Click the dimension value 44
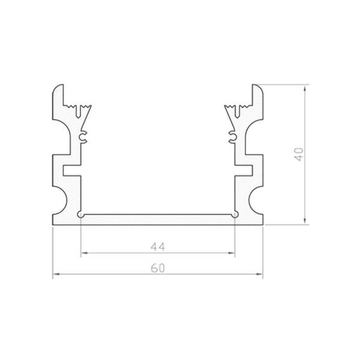tap(158, 246)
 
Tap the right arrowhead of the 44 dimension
tap(232, 254)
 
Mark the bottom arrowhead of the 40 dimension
tap(305, 221)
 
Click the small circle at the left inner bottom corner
tap(81, 214)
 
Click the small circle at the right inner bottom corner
tap(235, 214)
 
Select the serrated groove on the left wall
tap(81, 112)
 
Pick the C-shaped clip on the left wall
tap(83, 139)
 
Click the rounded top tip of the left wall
tap(60, 88)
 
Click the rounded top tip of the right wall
tap(256, 88)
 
